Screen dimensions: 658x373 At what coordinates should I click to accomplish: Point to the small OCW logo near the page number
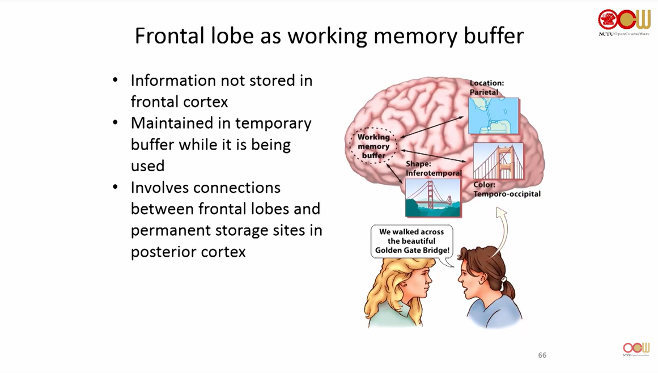click(636, 349)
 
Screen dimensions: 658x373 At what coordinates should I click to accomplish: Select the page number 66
click(542, 355)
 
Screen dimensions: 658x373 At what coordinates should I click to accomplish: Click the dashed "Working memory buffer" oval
click(373, 146)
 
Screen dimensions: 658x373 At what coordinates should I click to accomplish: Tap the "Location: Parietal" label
click(486, 87)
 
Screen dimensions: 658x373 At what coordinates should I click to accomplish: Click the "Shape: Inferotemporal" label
click(434, 169)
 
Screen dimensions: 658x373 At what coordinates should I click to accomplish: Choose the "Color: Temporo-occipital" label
click(507, 189)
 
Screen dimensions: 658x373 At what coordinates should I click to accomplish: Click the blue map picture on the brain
click(494, 116)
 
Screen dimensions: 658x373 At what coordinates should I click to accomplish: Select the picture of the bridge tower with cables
click(498, 160)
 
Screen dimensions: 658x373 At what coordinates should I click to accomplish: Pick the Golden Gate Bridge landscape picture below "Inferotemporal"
click(433, 197)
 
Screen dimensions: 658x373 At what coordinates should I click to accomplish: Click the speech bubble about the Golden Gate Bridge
click(411, 240)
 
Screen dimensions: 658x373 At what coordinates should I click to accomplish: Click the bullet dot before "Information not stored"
click(116, 80)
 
